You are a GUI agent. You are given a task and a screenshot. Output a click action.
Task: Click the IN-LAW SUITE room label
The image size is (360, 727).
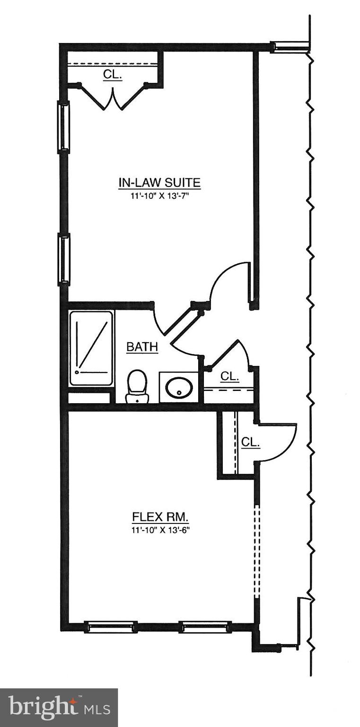pos(159,183)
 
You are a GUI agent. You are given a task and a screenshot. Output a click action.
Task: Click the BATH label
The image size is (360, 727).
pos(142,347)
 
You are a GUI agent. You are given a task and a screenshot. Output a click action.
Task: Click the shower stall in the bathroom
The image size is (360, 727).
pos(91,348)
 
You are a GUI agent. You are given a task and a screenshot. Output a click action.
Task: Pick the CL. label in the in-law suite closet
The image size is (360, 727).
pos(113,74)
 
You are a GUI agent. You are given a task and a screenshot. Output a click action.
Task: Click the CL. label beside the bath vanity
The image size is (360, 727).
pos(230,377)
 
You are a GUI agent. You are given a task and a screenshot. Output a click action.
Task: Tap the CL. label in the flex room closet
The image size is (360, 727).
pos(250,442)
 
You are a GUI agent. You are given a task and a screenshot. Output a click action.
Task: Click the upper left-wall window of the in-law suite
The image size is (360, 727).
pos(63,126)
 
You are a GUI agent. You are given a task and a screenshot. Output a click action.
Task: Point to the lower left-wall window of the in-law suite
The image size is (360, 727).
pos(63,259)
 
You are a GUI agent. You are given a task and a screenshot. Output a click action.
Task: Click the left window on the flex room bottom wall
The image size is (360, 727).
pos(111,627)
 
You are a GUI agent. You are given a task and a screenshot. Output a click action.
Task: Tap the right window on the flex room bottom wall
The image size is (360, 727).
pos(205,627)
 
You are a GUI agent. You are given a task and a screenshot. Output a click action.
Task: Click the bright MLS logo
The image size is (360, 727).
pos(59,708)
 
